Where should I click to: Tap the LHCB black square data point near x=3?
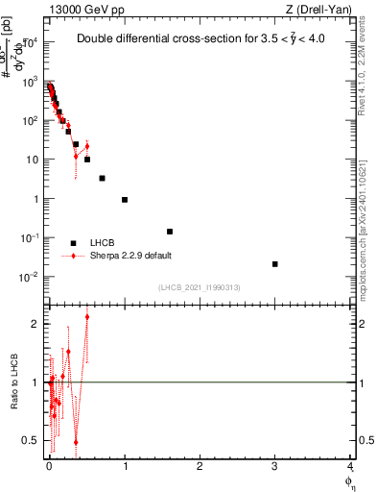pos(275,264)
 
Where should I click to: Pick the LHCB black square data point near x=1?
pos(125,200)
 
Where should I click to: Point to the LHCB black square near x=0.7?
pos(102,178)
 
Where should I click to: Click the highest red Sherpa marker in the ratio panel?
pos(87,316)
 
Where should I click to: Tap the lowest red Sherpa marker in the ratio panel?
pos(76,443)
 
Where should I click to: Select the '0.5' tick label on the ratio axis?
pos(32,440)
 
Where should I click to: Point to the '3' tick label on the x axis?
pos(274,465)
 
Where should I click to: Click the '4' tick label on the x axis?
pos(350,465)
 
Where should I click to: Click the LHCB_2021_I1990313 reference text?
pos(199,287)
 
